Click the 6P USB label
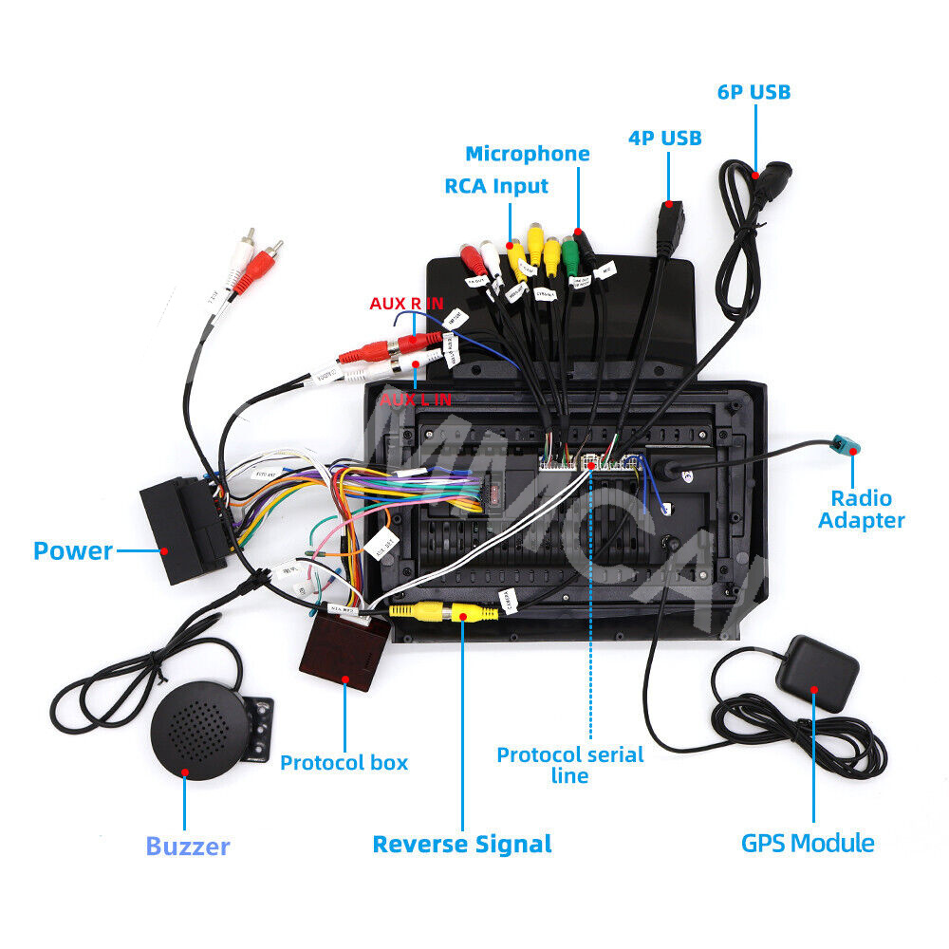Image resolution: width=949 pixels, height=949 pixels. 754,92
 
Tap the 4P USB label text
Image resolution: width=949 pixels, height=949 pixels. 664,139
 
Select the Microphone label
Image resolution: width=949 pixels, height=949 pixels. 527,154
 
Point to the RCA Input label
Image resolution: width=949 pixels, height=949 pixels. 496,186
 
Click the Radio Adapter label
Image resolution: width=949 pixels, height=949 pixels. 861,509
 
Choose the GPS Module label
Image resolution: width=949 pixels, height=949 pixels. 808,843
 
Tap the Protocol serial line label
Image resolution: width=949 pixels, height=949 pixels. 570,765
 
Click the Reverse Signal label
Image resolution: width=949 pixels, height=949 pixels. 461,844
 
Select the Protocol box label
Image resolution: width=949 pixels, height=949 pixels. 344,762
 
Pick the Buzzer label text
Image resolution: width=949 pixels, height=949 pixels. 188,847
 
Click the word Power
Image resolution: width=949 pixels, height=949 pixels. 73,550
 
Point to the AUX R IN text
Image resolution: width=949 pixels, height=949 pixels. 406,304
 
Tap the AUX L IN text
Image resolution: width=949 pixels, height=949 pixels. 416,400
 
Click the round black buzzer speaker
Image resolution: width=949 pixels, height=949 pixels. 199,732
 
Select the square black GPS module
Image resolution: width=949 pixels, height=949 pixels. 816,673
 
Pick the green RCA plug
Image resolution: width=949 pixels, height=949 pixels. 569,253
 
